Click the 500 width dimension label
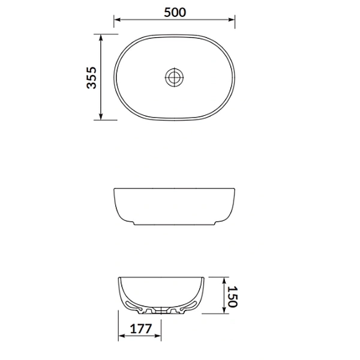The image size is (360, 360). tap(175, 13)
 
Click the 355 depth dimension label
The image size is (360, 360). tap(91, 77)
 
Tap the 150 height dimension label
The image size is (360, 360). tap(233, 296)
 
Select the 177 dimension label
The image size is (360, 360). tap(141, 329)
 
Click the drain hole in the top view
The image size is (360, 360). tap(175, 77)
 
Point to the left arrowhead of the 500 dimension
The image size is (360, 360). tap(118, 20)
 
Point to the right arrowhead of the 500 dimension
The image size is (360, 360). tap(232, 20)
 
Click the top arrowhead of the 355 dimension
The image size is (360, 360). tap(101, 38)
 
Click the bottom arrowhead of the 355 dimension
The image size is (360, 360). tap(101, 116)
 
